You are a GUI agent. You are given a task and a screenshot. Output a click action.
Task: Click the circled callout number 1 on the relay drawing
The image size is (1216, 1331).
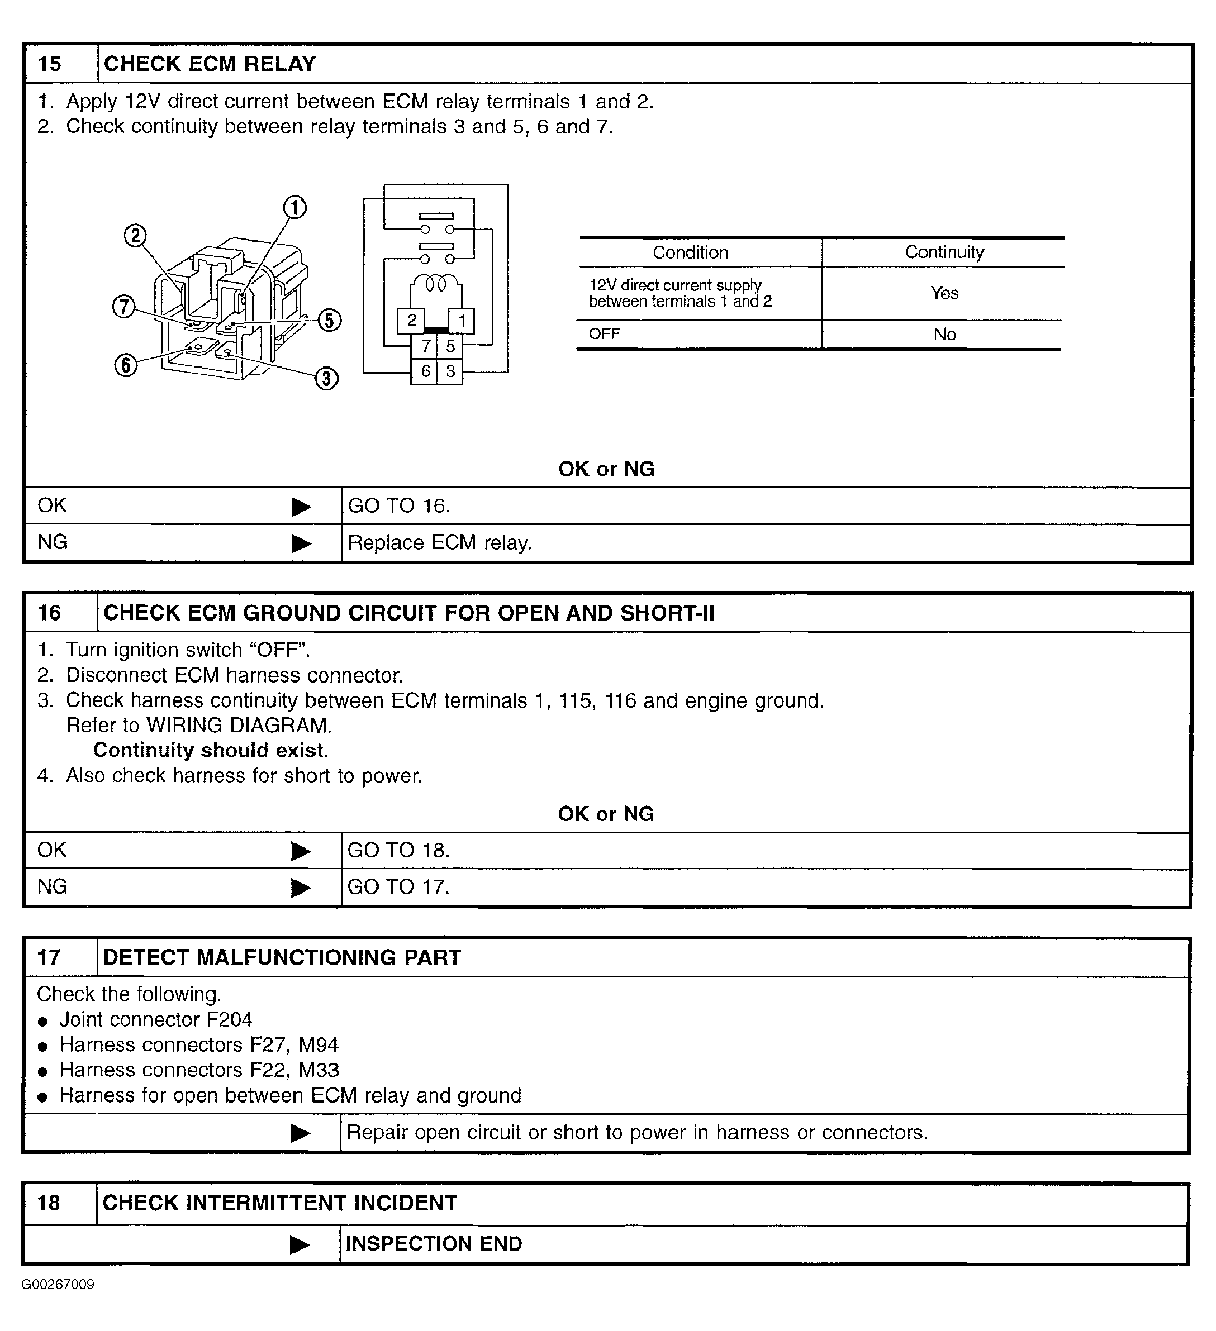coord(294,208)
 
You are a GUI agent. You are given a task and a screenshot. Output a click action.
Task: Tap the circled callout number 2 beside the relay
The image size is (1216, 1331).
coord(135,236)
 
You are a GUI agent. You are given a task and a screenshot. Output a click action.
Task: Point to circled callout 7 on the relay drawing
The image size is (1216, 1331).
coord(123,307)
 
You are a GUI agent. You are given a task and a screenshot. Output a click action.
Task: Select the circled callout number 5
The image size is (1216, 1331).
coord(330,320)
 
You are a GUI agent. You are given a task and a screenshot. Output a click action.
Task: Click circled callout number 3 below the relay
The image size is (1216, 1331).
coord(326,378)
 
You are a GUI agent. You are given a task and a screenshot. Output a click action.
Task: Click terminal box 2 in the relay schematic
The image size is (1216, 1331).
coord(411,321)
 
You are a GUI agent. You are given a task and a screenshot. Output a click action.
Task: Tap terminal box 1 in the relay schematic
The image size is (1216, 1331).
coord(462,321)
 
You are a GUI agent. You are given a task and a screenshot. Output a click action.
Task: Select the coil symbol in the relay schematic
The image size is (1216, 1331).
coord(436,284)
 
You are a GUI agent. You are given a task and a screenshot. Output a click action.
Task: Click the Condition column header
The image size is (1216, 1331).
coord(690,252)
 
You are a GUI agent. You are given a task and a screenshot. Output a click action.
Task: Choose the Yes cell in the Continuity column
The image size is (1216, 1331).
coord(944,293)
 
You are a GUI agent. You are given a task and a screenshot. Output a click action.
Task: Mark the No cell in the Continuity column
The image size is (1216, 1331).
coord(944,335)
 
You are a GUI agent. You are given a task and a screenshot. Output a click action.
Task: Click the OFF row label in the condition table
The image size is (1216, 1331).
coord(604,334)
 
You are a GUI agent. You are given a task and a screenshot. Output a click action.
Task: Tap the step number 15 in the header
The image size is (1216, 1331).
coord(50,64)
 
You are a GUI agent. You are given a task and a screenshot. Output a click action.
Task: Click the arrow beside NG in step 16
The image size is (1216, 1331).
coord(301,888)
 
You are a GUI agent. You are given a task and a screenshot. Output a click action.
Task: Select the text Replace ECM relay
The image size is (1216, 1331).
coord(439,543)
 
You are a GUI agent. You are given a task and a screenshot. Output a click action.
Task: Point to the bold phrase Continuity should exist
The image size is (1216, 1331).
coord(211,751)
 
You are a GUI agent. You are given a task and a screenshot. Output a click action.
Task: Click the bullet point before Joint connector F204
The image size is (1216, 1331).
coord(44,1022)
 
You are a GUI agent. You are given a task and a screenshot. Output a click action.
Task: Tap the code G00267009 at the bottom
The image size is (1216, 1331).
coord(58,1284)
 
